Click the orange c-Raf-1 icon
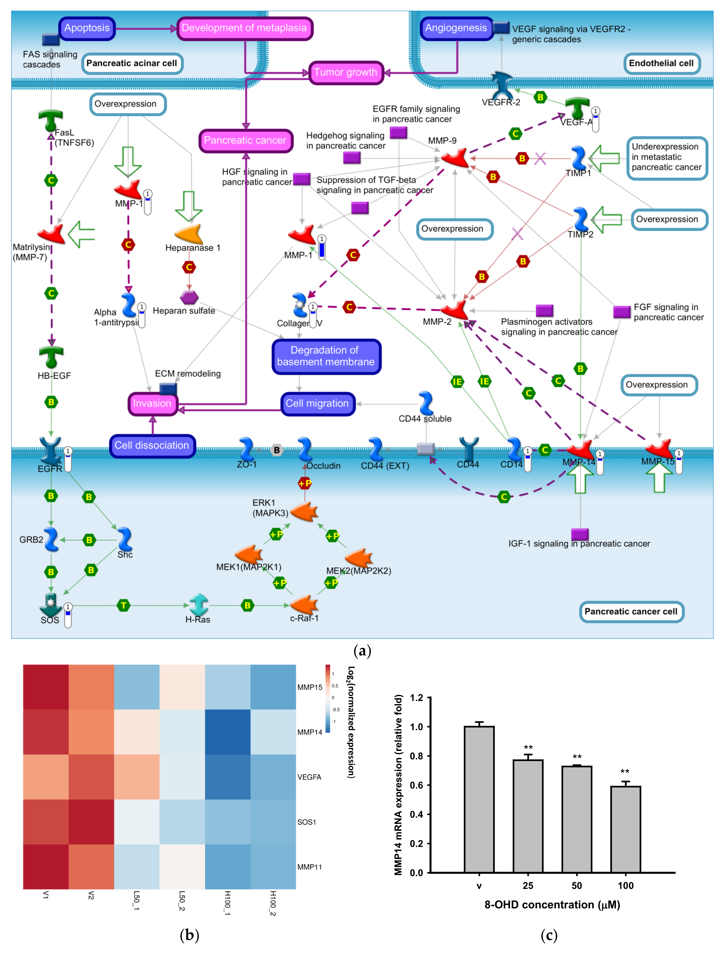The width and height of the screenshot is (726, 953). point(305,604)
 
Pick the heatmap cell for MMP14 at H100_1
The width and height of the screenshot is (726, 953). point(228,732)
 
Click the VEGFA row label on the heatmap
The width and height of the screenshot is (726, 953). point(309,777)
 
